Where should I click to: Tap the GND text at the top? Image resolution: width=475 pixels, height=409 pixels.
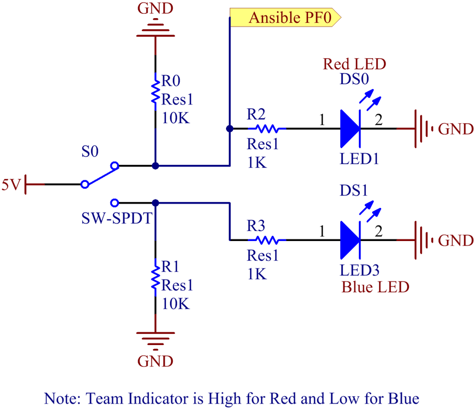point(155,8)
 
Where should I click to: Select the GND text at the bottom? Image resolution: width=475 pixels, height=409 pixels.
point(155,361)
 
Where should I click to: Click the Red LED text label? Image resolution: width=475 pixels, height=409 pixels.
point(355,65)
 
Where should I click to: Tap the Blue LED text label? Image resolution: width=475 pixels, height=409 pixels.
point(375,287)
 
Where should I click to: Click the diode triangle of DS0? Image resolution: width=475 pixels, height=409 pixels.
point(350,129)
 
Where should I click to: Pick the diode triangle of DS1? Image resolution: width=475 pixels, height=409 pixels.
point(350,239)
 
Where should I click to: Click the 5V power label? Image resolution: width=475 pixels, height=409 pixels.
point(11,185)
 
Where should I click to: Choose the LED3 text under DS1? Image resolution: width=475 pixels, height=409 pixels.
point(360,270)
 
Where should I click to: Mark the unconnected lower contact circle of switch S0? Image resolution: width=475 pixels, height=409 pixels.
point(114,203)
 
